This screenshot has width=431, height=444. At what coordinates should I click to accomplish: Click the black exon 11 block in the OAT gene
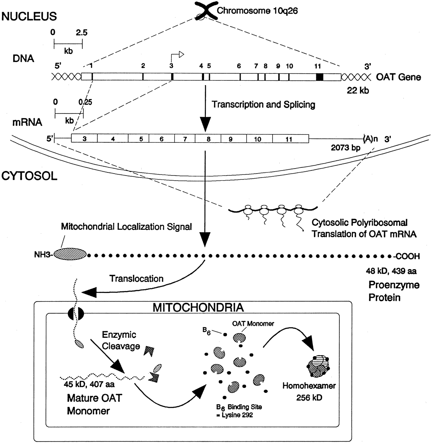(x=320, y=77)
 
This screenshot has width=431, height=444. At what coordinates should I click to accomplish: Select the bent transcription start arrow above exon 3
(x=177, y=58)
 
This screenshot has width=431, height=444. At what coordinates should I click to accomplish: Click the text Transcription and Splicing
(x=263, y=105)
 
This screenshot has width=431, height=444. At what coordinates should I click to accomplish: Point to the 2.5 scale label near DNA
(x=82, y=33)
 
